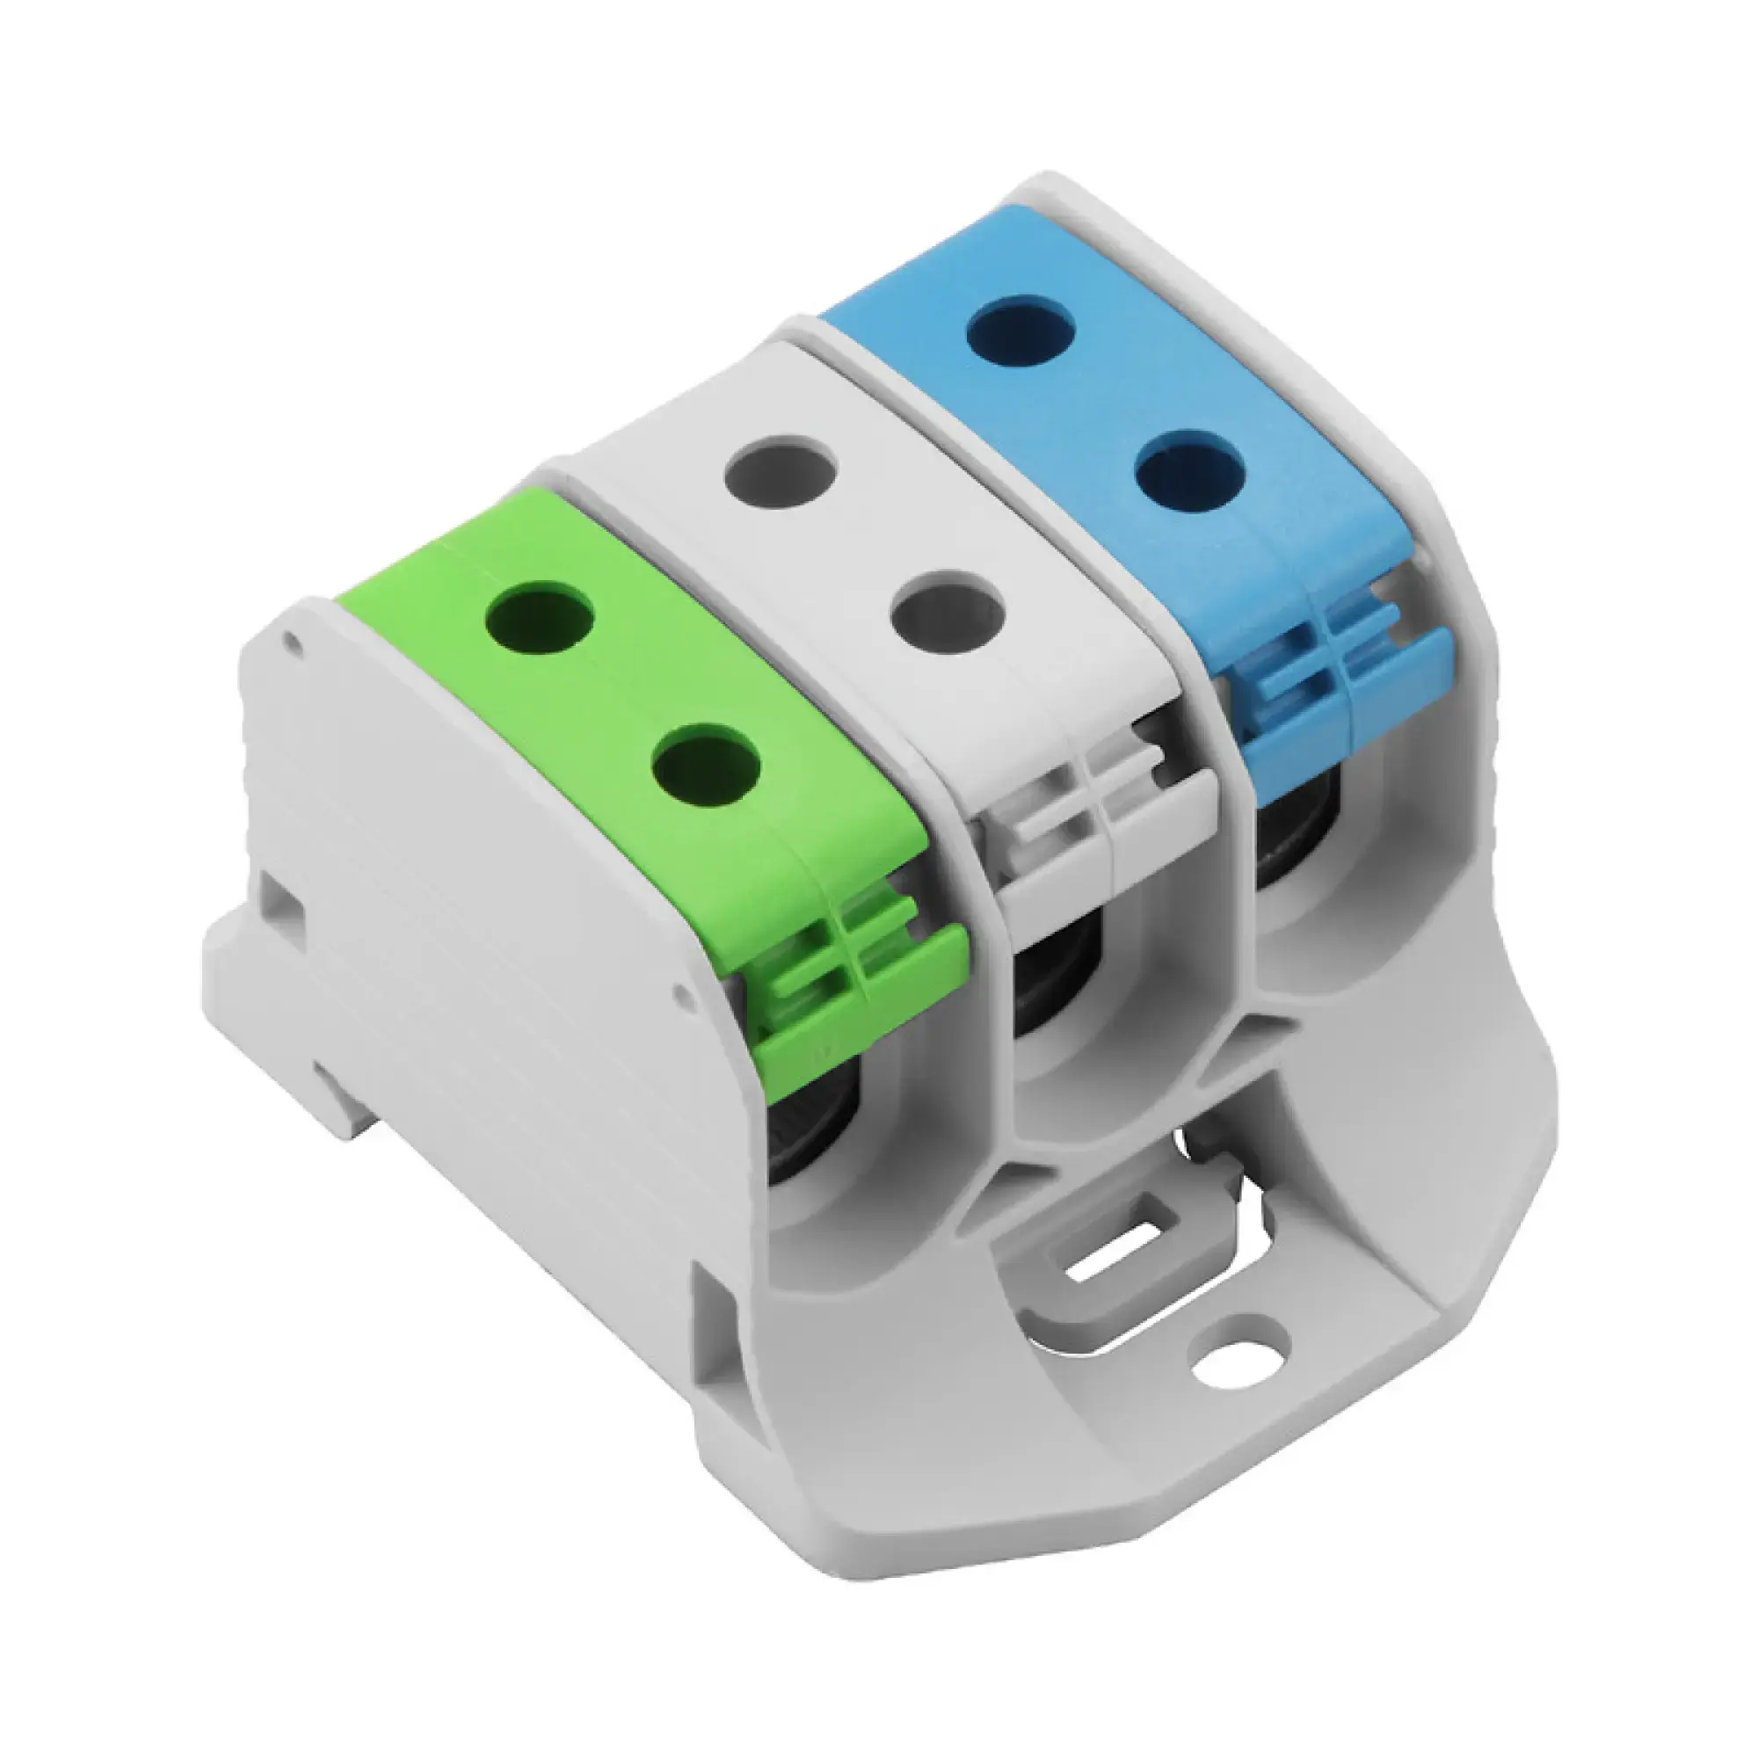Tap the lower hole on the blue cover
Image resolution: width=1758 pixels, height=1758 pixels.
coord(1190,475)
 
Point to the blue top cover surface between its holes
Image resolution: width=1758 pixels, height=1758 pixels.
coord(1106,406)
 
